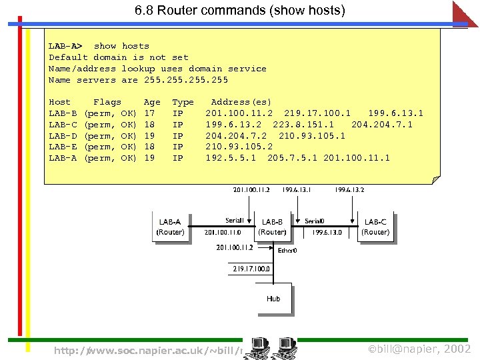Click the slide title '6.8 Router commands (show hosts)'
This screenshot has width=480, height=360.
[x=240, y=11]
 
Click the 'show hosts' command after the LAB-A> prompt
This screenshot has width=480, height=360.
[x=121, y=46]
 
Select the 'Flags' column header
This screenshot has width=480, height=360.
[x=107, y=102]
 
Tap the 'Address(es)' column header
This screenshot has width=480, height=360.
[x=241, y=102]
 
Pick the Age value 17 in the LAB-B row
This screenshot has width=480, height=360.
[x=149, y=113]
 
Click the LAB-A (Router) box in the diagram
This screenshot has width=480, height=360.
[x=170, y=227]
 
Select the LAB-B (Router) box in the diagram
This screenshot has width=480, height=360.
[x=273, y=227]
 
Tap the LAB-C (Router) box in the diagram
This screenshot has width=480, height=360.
[x=375, y=227]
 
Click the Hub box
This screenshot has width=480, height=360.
[x=273, y=299]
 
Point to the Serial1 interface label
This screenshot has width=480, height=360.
[x=235, y=221]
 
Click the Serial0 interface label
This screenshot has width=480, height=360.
[x=315, y=221]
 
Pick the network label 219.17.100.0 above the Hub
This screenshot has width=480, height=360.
[x=251, y=269]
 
